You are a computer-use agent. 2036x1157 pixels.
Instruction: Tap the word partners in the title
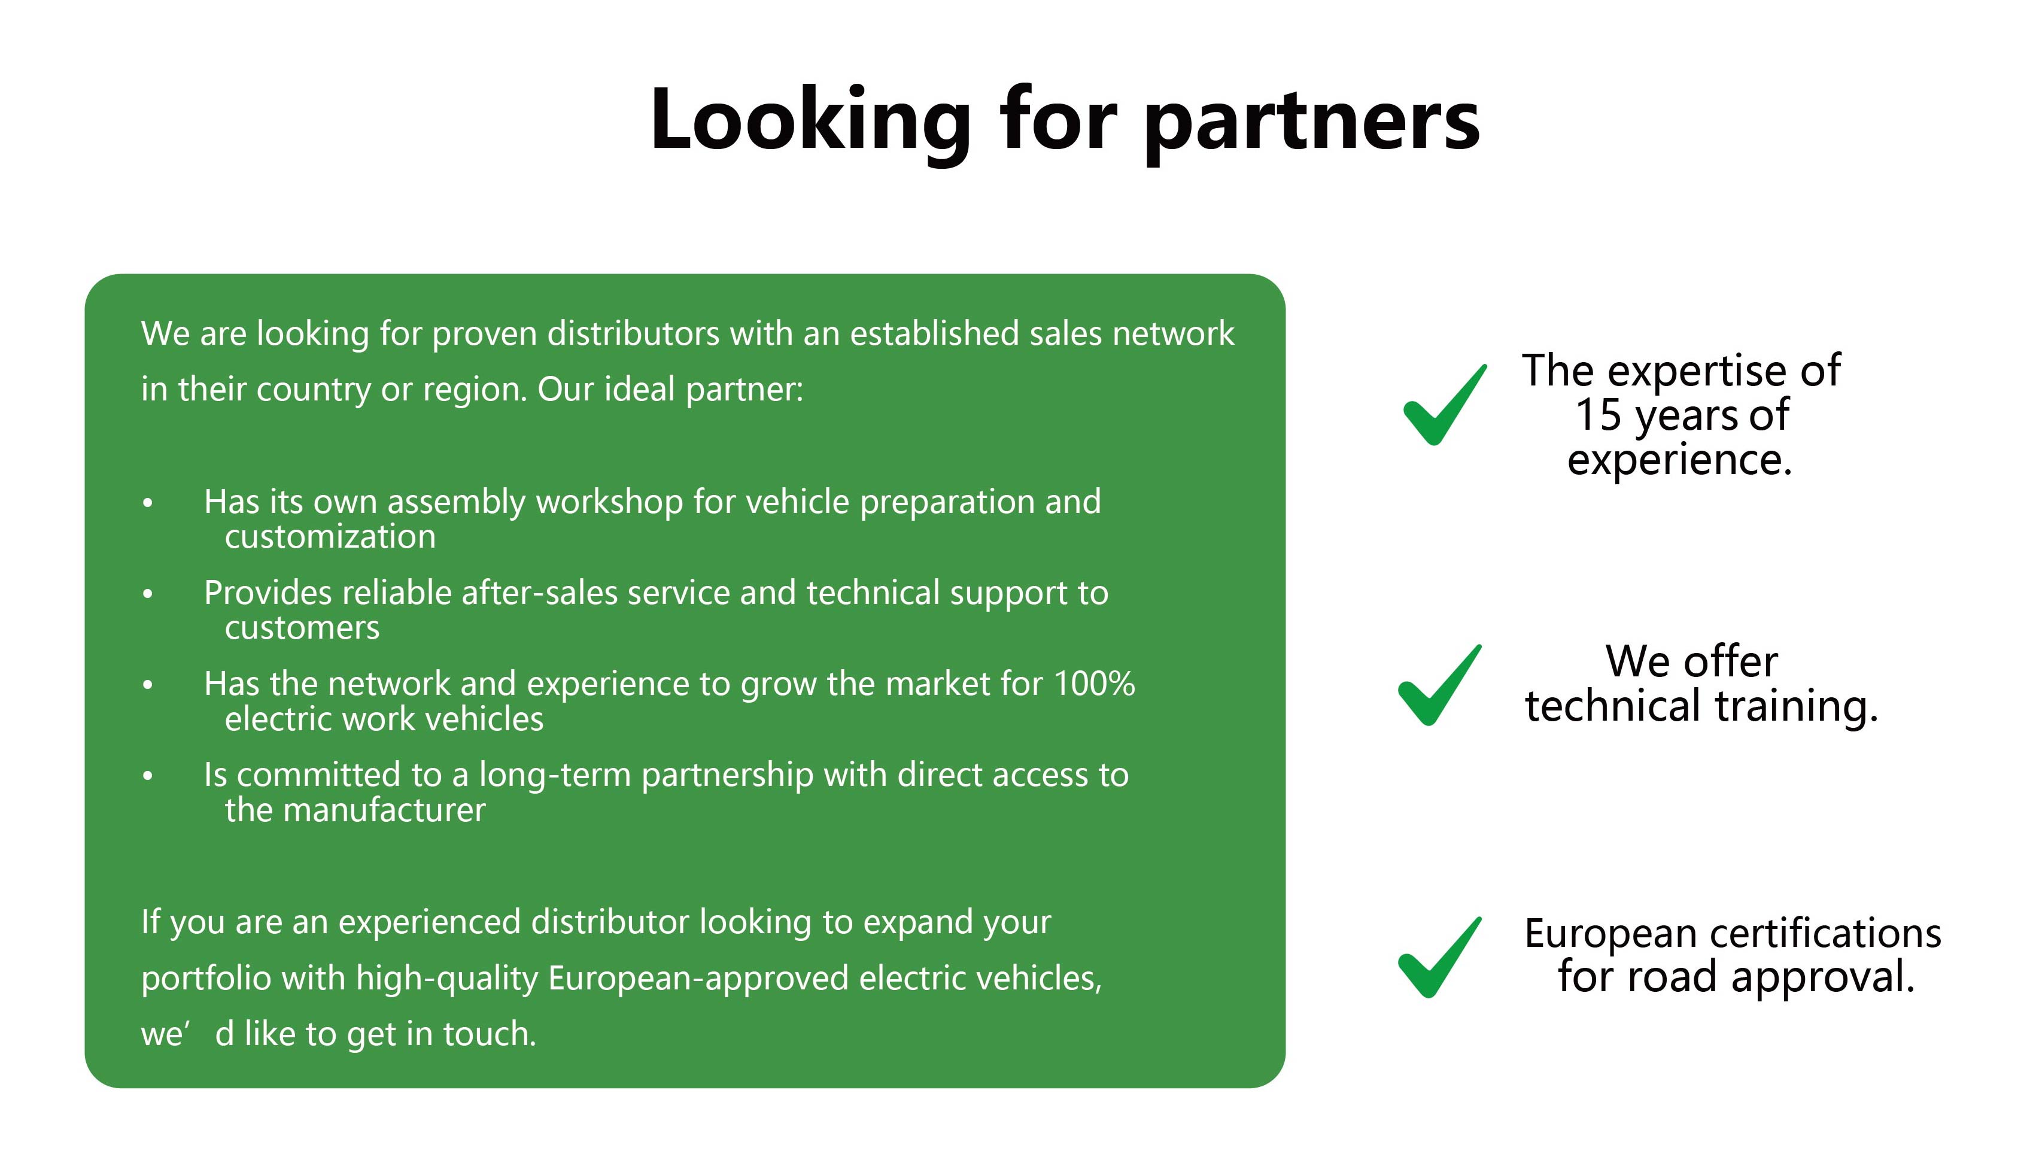pyautogui.click(x=1312, y=123)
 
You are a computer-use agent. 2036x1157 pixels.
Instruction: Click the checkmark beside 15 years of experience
pyautogui.click(x=1444, y=405)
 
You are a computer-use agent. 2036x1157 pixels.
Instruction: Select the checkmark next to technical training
pyautogui.click(x=1439, y=685)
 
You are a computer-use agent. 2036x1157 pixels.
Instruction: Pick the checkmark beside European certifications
pyautogui.click(x=1439, y=958)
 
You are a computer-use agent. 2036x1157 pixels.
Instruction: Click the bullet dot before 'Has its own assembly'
pyautogui.click(x=147, y=503)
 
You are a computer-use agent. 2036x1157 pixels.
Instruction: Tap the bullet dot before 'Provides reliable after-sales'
pyautogui.click(x=147, y=594)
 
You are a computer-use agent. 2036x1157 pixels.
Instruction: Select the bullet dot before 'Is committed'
pyautogui.click(x=147, y=776)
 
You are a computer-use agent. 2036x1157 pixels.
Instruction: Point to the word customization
pyautogui.click(x=330, y=537)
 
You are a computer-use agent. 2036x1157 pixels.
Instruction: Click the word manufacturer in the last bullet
pyautogui.click(x=384, y=810)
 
